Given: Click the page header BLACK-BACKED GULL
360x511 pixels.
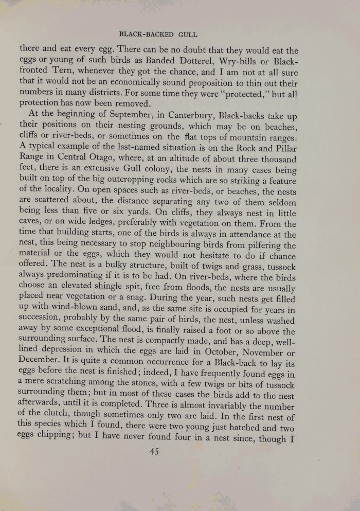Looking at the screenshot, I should tap(158, 34).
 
